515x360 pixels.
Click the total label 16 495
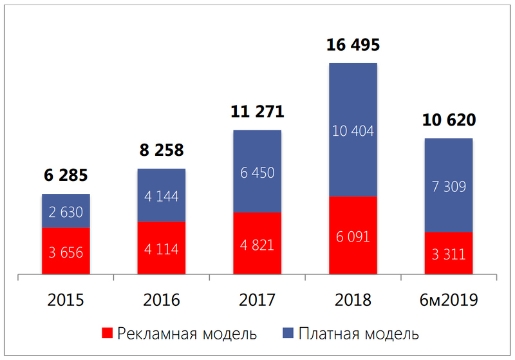pos(353,46)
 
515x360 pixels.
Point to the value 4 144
pos(162,196)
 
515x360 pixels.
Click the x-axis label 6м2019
pos(449,300)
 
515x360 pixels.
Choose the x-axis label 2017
pos(257,300)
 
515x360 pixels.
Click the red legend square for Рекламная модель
pos(108,334)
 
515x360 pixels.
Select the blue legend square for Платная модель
pos(288,334)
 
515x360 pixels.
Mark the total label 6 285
pos(66,176)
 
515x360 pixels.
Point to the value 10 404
pos(353,131)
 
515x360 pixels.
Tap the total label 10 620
pos(449,120)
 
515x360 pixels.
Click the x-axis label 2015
pos(66,300)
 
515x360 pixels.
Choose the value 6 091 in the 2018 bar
pos(353,237)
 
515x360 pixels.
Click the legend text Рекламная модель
pos(187,334)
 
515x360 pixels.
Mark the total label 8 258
pos(162,151)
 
